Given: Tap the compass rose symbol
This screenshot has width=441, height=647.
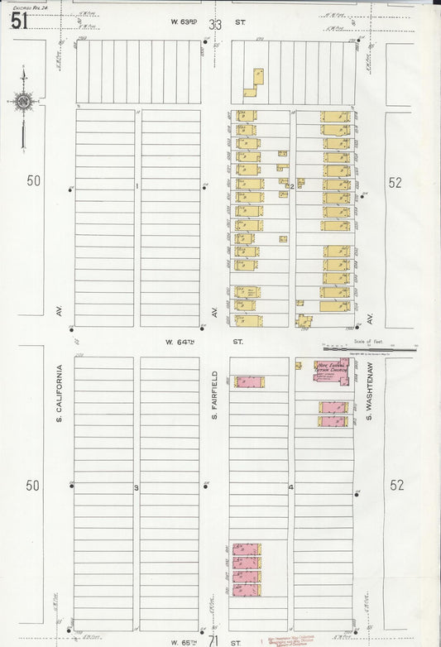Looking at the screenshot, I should pos(23,103).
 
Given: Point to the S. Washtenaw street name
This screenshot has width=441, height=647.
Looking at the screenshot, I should pos(371,391).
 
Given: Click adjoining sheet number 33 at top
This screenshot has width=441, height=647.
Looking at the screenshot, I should pos(215,25).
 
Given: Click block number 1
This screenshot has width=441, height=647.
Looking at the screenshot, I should pos(137,186).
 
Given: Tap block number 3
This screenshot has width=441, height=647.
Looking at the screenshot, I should pos(137,488).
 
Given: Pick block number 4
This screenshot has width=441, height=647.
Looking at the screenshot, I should pos(291,487).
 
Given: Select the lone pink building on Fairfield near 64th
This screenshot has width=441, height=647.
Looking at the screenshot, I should pos(249,381).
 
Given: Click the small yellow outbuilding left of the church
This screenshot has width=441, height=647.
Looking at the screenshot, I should pos(299,365).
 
